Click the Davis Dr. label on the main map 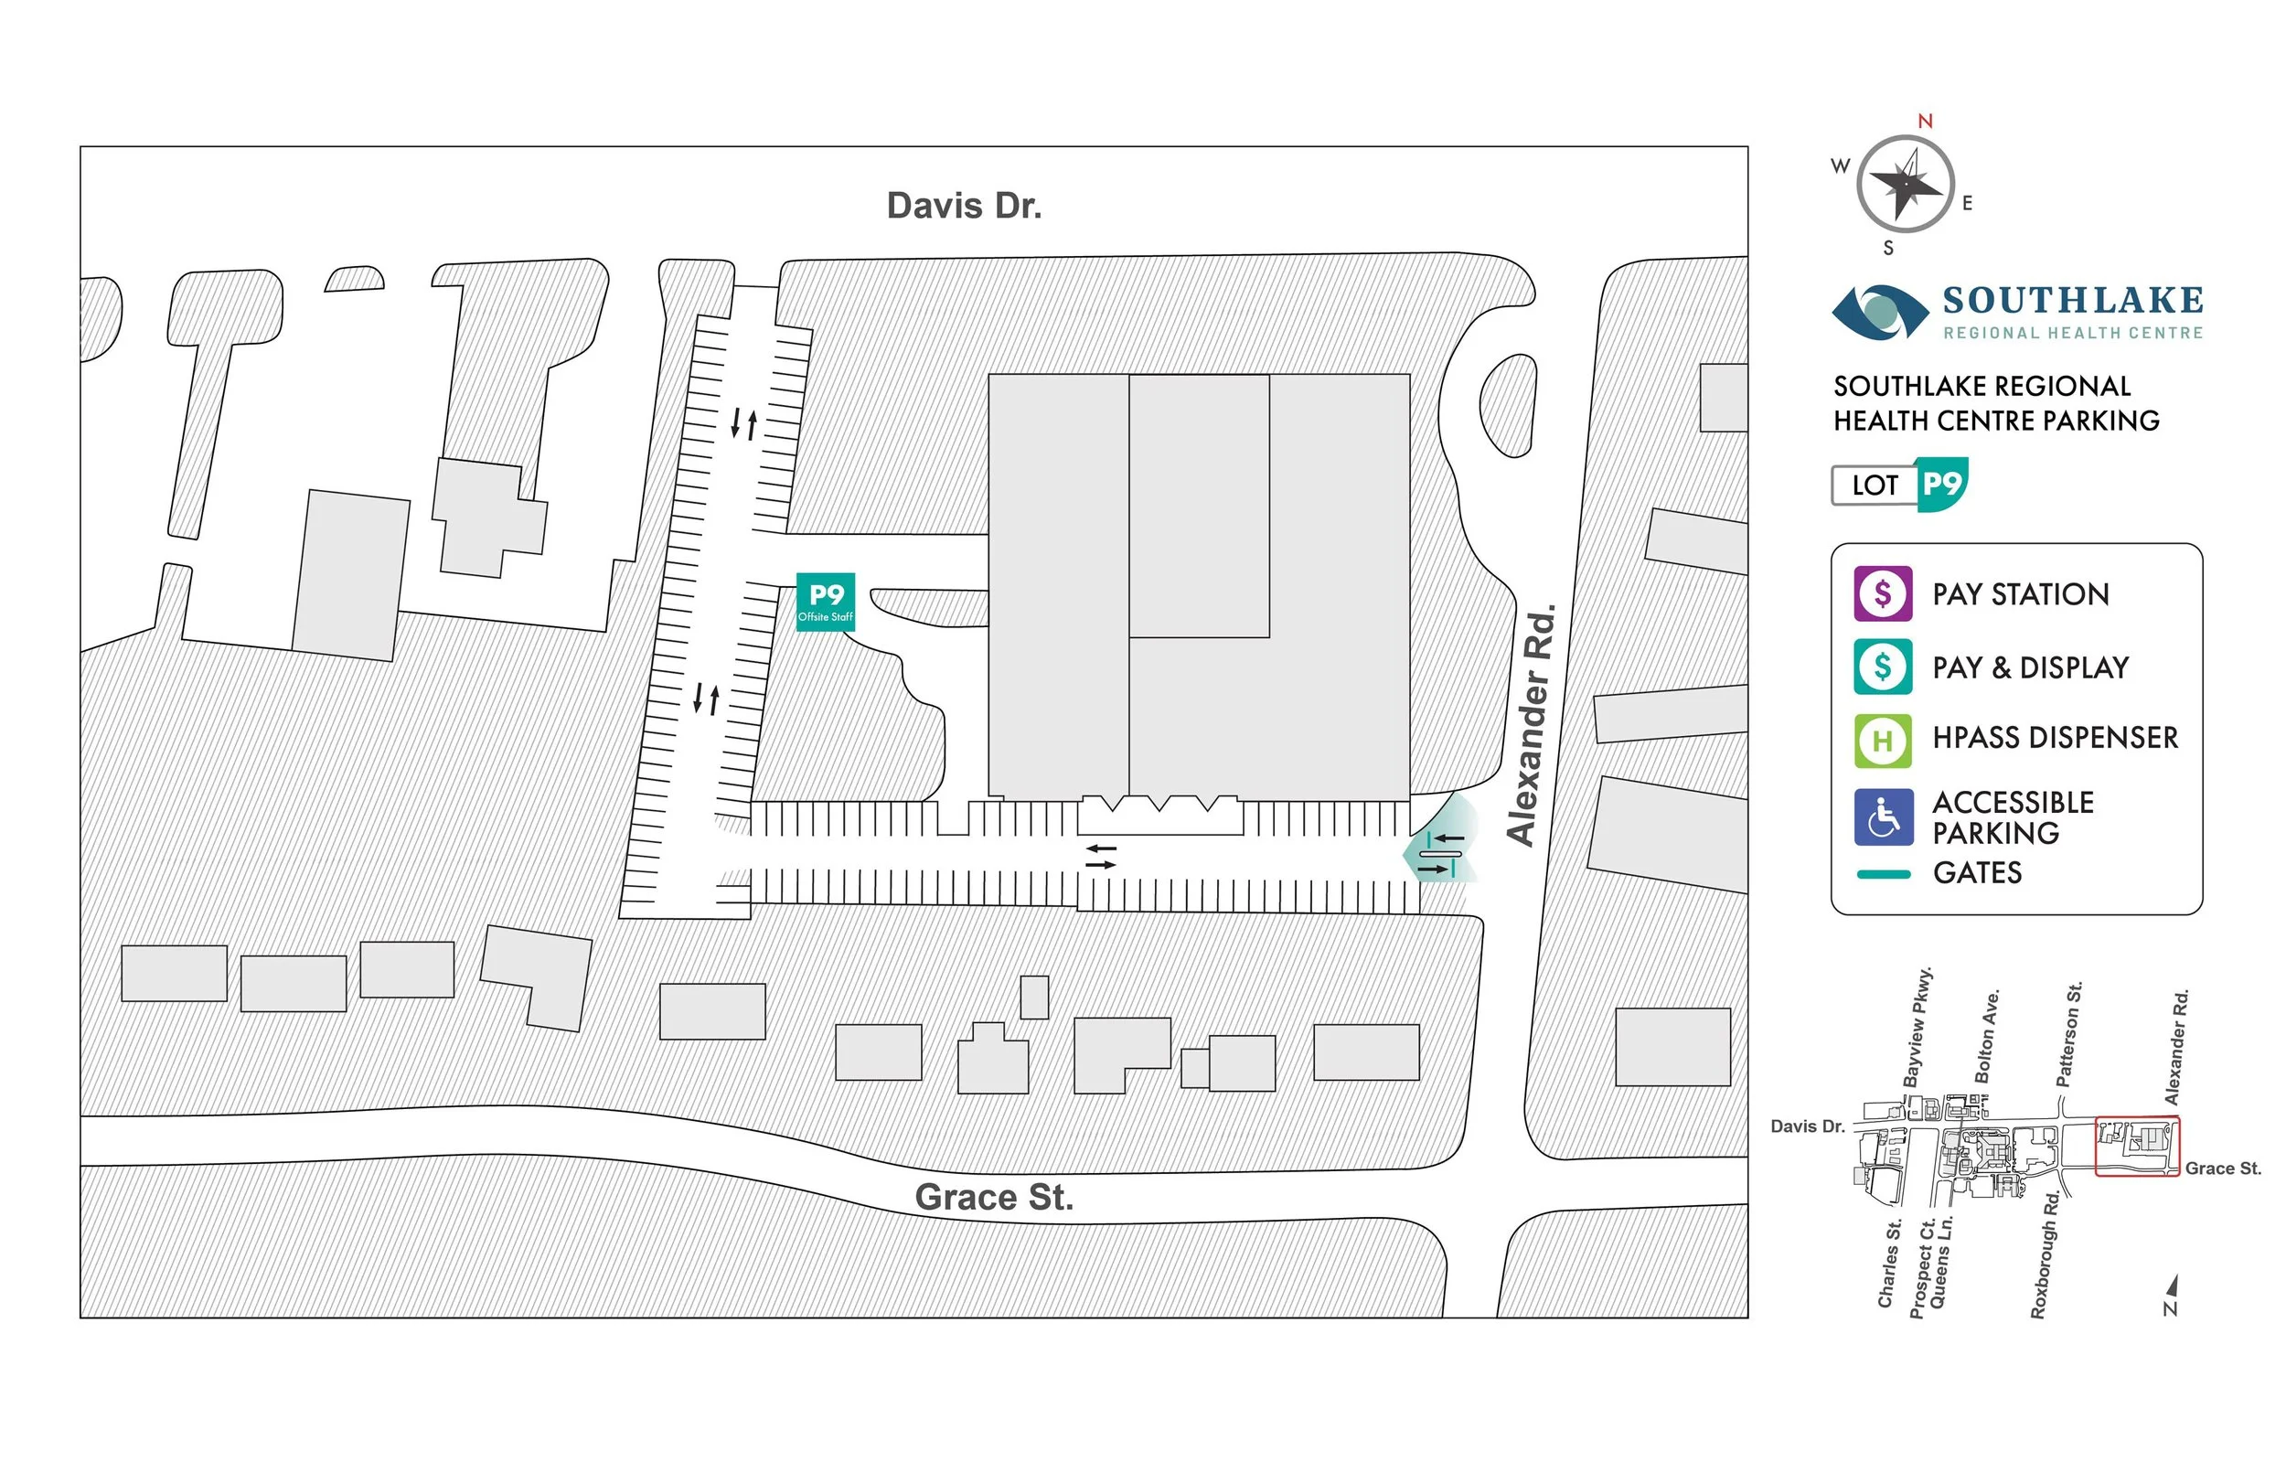[x=964, y=206]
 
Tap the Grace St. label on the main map [x=994, y=1197]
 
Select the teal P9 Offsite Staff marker [x=825, y=602]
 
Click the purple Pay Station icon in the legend [x=1883, y=593]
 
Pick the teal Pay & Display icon [x=1883, y=667]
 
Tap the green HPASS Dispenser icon [x=1883, y=740]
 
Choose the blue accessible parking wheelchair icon [x=1883, y=816]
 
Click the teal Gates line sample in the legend [x=1883, y=874]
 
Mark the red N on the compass [x=1925, y=122]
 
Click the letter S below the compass [x=1888, y=249]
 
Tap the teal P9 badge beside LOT [x=1941, y=485]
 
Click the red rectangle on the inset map [x=2137, y=1146]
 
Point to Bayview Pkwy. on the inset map [x=1917, y=1027]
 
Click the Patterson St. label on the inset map [x=2069, y=1035]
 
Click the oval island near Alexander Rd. [x=1508, y=405]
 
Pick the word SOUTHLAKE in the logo [x=2072, y=301]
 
